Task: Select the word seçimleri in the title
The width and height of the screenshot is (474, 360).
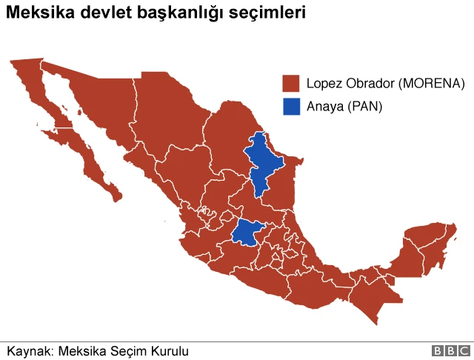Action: (x=268, y=13)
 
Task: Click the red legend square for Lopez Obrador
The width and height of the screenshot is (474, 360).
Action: (x=291, y=83)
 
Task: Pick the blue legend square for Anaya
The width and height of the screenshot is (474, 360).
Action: (x=291, y=107)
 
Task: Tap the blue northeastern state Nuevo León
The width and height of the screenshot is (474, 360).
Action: (x=264, y=163)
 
